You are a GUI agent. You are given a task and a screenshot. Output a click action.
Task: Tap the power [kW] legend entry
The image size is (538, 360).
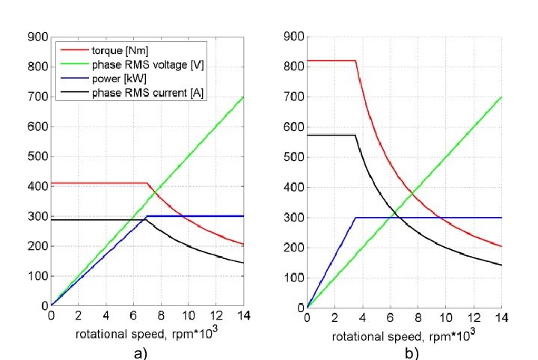click(115, 79)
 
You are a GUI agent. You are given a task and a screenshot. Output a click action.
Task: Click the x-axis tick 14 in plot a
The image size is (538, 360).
click(244, 315)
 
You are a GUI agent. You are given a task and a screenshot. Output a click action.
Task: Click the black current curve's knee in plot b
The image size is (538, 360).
click(355, 135)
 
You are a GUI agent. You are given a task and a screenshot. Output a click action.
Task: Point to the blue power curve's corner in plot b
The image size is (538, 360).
click(355, 217)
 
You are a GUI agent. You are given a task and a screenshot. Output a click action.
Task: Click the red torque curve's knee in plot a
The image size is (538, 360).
click(147, 183)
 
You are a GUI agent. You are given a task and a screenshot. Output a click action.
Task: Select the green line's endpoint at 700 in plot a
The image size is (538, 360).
click(244, 97)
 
